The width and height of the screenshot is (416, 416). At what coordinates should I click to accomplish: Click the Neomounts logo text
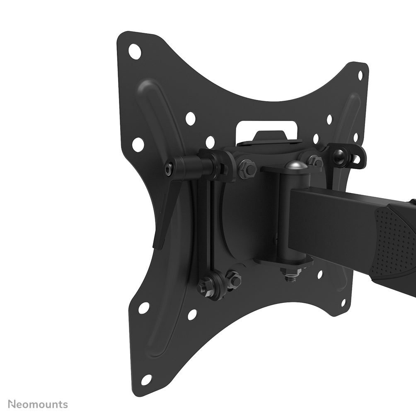coord(38,404)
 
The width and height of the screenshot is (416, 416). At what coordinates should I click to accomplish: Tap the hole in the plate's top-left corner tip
coord(135,51)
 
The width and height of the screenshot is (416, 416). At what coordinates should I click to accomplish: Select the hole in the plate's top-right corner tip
coord(360,75)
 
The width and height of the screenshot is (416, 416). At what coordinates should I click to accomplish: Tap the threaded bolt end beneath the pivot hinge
coord(290,276)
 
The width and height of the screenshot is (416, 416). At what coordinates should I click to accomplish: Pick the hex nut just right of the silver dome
coord(315,160)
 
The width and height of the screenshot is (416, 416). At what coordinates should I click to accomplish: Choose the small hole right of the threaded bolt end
coord(320,274)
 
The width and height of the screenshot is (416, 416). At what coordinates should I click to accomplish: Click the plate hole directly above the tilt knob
coord(190,119)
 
